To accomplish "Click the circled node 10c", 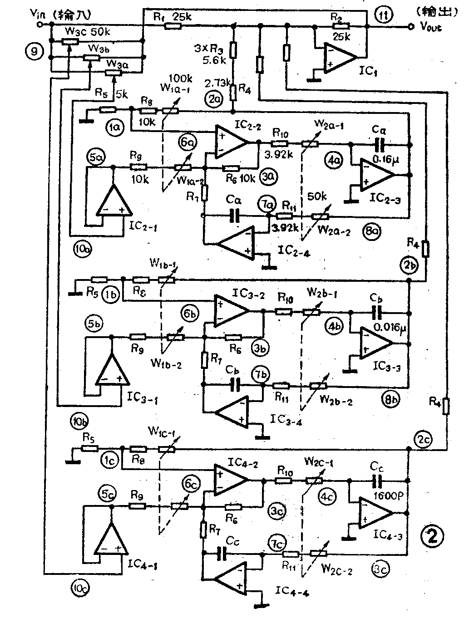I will tap(80, 589).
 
